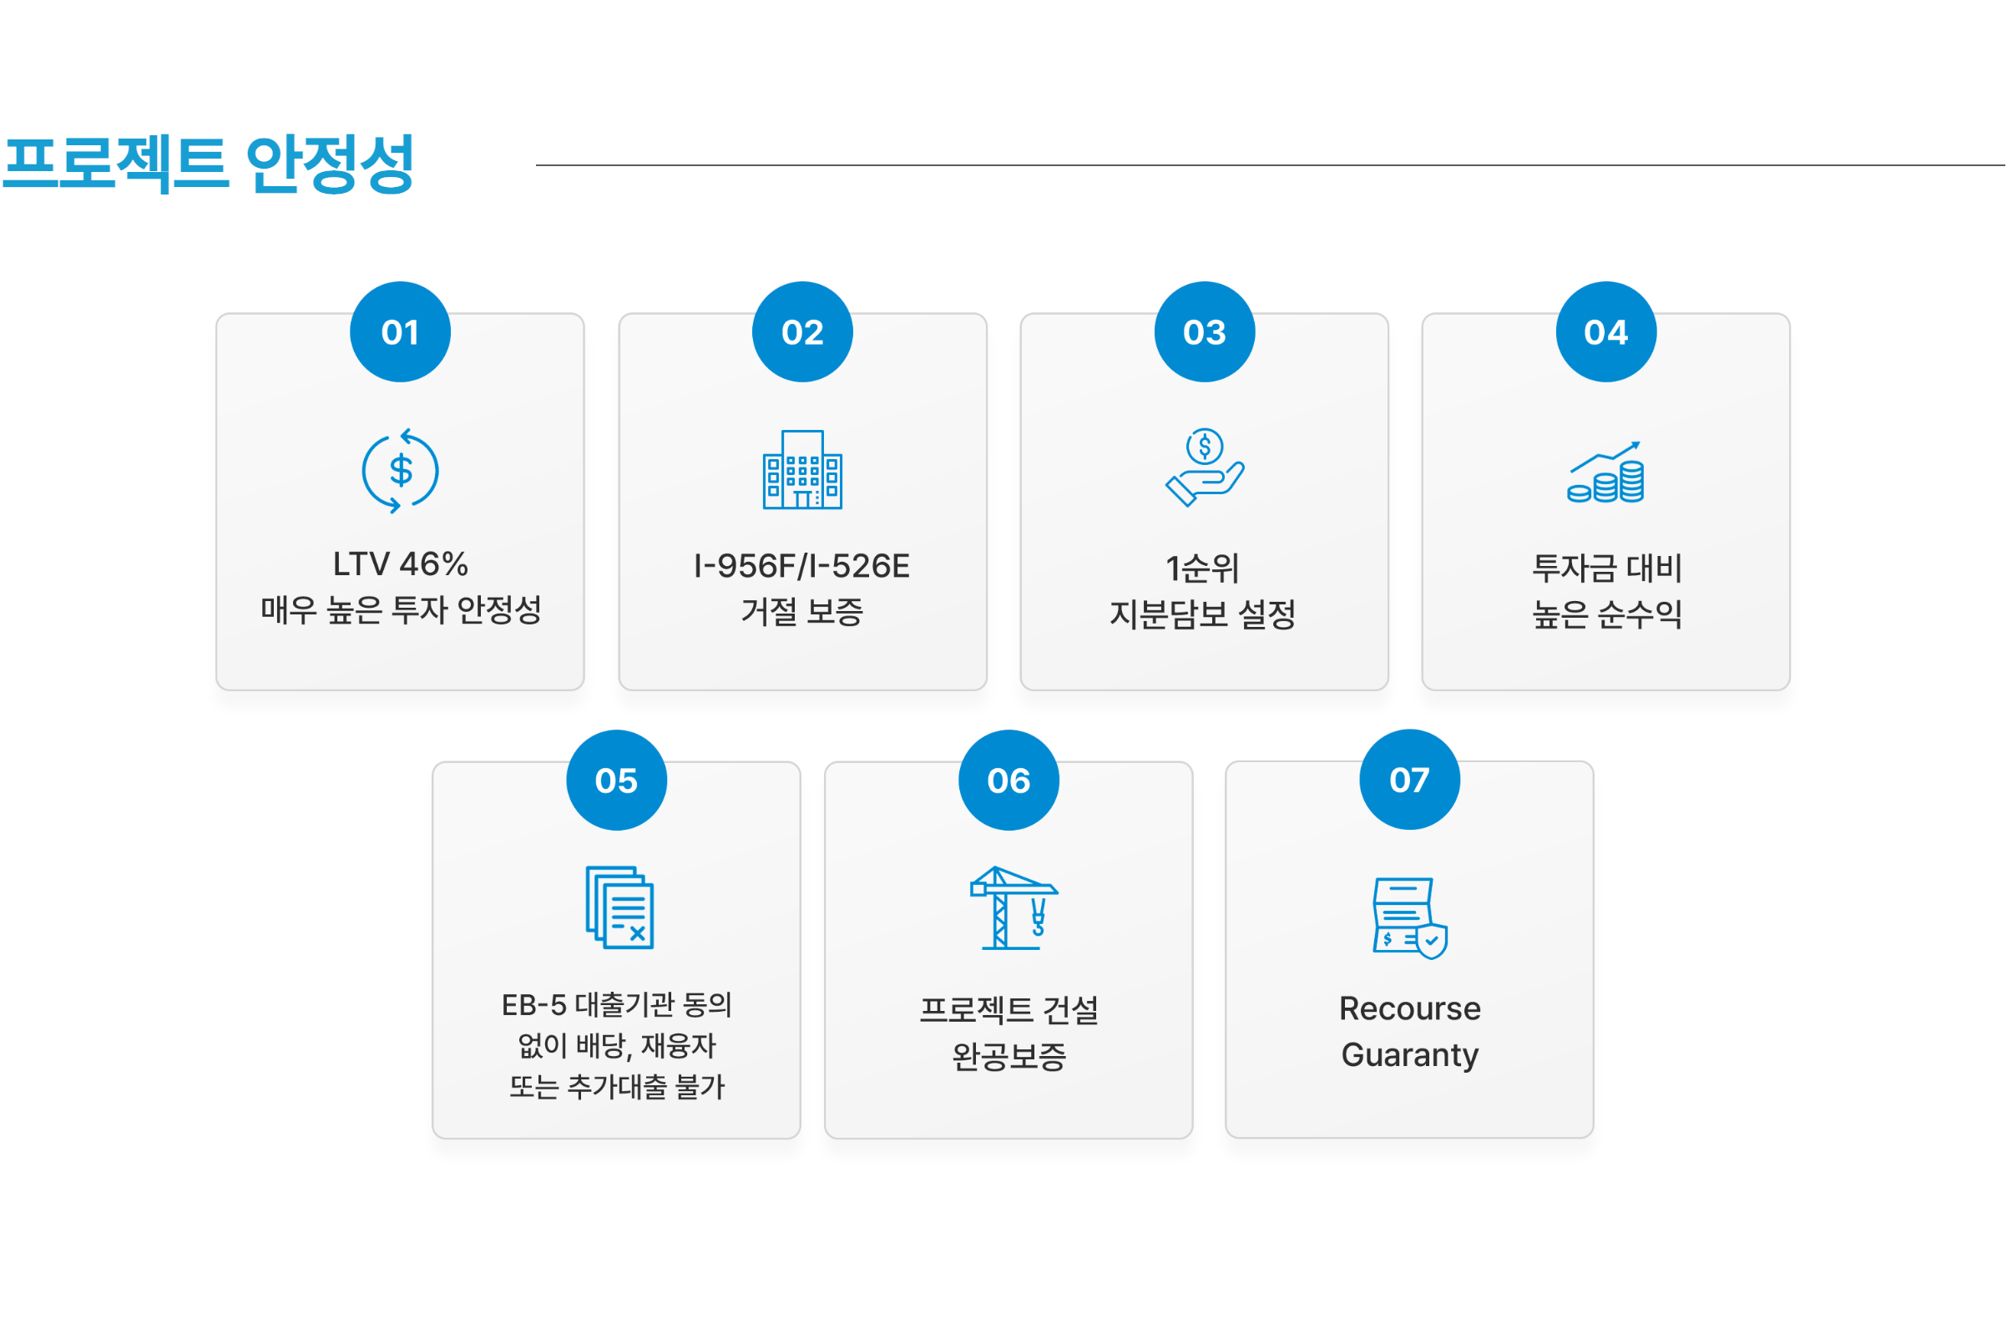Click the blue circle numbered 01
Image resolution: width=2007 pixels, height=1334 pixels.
pyautogui.click(x=400, y=331)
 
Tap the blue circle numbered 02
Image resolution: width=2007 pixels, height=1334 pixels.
pyautogui.click(x=802, y=331)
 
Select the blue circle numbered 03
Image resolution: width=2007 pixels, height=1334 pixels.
pyautogui.click(x=1205, y=331)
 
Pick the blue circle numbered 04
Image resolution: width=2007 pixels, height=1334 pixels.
pyautogui.click(x=1606, y=331)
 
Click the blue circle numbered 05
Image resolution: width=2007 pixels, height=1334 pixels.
pyautogui.click(x=617, y=781)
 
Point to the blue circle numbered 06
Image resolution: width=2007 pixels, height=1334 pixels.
pyautogui.click(x=1009, y=781)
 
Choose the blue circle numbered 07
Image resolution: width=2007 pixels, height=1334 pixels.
pyautogui.click(x=1410, y=780)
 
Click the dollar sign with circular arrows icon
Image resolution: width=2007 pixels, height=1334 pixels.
pyautogui.click(x=400, y=471)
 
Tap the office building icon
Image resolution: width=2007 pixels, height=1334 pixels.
pyautogui.click(x=802, y=470)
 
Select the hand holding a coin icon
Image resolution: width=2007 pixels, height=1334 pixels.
pyautogui.click(x=1205, y=468)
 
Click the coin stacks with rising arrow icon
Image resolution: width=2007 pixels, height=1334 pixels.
pyautogui.click(x=1606, y=472)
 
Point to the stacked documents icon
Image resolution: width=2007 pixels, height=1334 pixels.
pyautogui.click(x=619, y=907)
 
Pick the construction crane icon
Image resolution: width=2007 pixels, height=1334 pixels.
pyautogui.click(x=1014, y=907)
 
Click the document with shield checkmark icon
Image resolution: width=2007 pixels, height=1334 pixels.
pyautogui.click(x=1411, y=919)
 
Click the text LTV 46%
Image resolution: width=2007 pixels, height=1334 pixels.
pyautogui.click(x=400, y=564)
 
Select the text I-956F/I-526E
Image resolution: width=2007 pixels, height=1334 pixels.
pyautogui.click(x=802, y=567)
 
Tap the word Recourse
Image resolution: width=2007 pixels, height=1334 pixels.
pyautogui.click(x=1410, y=1009)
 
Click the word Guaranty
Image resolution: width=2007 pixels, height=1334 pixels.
pyautogui.click(x=1410, y=1056)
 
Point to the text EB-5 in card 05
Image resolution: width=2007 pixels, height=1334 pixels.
pyautogui.click(x=533, y=1006)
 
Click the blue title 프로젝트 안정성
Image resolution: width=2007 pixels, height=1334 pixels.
pyautogui.click(x=209, y=164)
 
